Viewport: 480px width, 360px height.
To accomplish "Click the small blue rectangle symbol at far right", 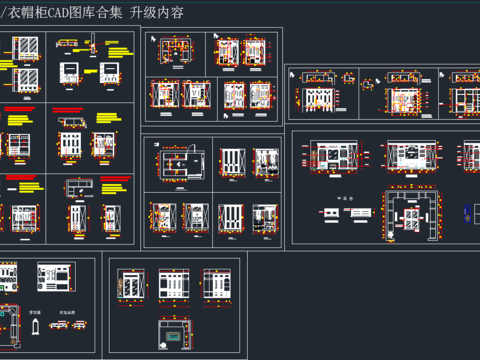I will [466, 212].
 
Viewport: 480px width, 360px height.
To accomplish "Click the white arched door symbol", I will [35, 327].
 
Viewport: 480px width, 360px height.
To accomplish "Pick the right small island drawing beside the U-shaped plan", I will [357, 213].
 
